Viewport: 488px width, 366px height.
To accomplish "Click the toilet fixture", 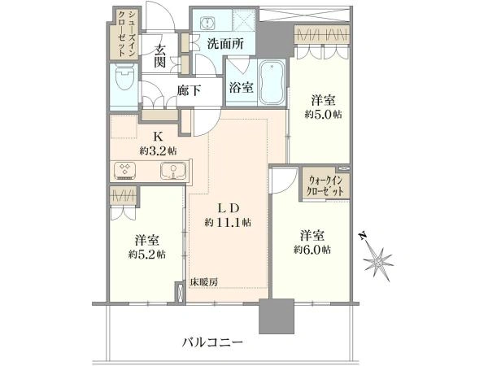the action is tap(124, 78).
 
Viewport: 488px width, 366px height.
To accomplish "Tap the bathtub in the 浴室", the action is tap(272, 82).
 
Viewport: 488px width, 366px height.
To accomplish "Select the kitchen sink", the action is tap(173, 172).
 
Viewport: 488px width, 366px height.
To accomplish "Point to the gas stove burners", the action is tap(125, 170).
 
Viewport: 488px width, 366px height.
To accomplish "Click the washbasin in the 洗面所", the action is tap(207, 23).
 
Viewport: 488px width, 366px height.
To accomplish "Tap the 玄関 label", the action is tap(159, 56).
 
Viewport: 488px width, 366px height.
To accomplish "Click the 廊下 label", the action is tap(189, 90).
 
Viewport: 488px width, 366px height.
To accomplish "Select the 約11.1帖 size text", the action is tap(228, 223).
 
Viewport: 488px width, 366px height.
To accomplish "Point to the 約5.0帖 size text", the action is tap(323, 115).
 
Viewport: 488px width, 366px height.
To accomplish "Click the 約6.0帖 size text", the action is tap(312, 250).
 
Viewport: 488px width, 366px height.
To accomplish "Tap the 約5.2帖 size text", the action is tap(147, 255).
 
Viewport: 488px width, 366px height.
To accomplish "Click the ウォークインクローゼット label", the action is tap(325, 185).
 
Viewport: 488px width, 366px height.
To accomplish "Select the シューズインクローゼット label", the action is tap(126, 33).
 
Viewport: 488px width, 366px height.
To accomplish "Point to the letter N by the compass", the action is tap(362, 237).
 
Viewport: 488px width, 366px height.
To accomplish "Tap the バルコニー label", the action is tap(212, 342).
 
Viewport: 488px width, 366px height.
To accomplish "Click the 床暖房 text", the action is tap(204, 282).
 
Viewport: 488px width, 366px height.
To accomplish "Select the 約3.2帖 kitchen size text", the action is tap(159, 151).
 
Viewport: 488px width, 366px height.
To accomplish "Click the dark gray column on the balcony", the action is tap(277, 316).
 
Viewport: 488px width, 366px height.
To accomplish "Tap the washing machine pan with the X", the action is tap(244, 20).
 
